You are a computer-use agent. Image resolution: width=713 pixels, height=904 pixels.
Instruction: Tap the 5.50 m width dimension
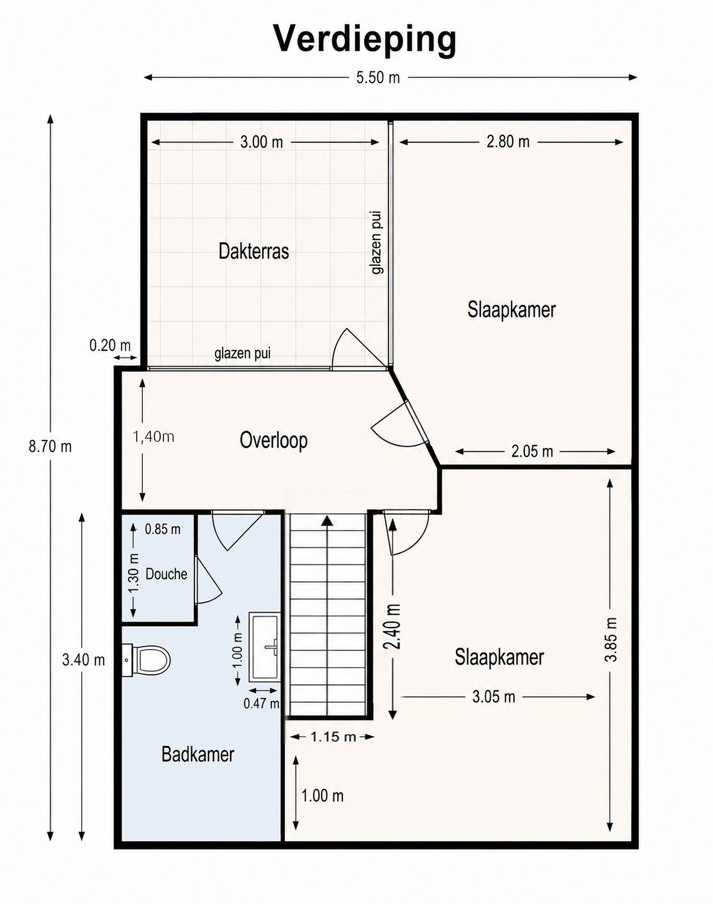coord(378,78)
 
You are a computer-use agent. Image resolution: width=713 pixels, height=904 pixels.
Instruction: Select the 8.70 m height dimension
coord(50,447)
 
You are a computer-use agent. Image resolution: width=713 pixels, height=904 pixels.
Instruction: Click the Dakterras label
coord(254,252)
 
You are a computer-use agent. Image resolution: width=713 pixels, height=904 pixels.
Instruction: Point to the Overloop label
coord(274,441)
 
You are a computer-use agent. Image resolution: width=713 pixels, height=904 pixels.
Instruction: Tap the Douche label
coord(166,574)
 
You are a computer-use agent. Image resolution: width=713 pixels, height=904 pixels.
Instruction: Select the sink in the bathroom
coord(265,647)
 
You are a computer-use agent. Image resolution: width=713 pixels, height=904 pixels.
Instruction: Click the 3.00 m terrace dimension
coord(262,143)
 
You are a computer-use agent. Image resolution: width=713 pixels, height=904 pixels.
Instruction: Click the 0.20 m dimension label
coord(110,345)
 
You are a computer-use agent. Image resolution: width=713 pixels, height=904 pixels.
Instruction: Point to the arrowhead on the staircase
coord(328,520)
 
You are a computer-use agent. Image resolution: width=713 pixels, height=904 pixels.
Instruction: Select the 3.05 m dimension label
coord(494,697)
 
